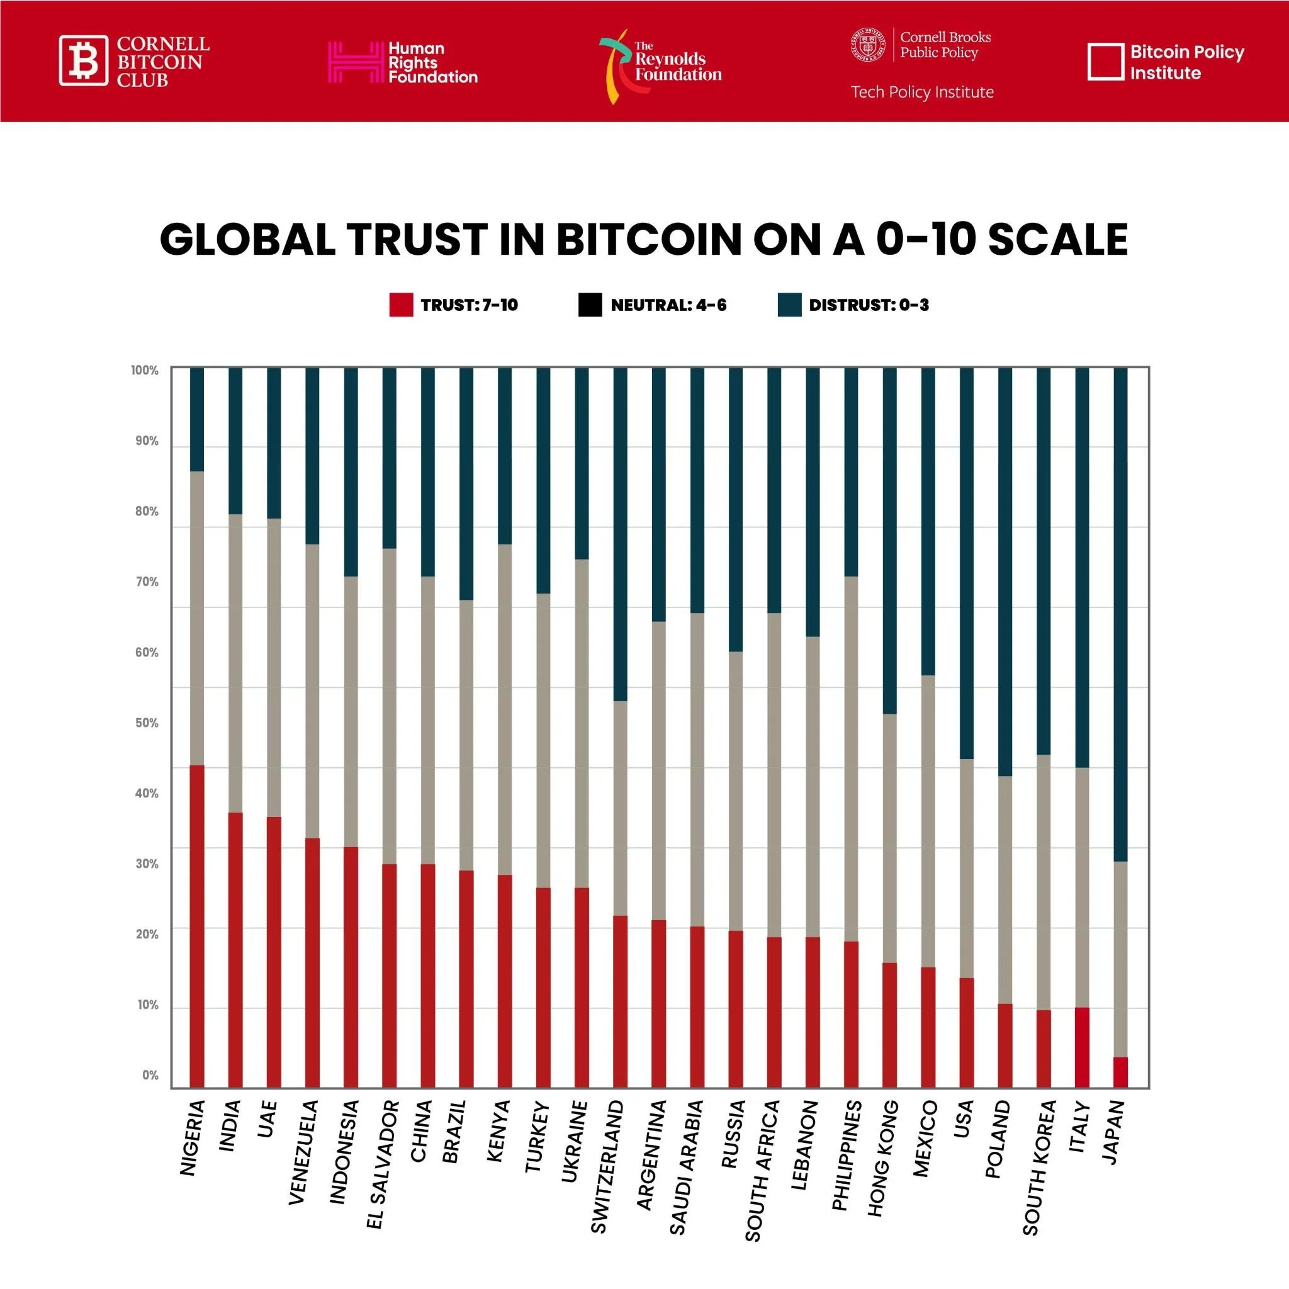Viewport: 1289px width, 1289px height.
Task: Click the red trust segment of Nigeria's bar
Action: click(x=197, y=927)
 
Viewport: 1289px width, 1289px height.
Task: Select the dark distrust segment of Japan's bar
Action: click(x=1121, y=614)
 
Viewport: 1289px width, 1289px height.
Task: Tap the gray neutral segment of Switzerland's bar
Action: click(x=621, y=808)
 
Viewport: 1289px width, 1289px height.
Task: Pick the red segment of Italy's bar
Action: click(x=1082, y=1047)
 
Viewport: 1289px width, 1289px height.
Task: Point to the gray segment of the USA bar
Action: click(x=967, y=868)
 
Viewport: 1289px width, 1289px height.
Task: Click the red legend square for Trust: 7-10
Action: click(x=401, y=305)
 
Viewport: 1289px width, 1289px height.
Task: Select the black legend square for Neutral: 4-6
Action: click(x=590, y=305)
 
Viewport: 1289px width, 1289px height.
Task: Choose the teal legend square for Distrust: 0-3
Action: click(x=789, y=305)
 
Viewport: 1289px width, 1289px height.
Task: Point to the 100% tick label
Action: click(x=145, y=370)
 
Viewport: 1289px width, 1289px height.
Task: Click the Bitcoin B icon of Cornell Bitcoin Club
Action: click(x=84, y=60)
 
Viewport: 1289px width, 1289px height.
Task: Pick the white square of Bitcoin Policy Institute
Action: click(x=1105, y=62)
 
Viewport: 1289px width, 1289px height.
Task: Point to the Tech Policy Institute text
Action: click(x=922, y=92)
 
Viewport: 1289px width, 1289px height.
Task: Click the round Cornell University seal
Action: click(x=868, y=45)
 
